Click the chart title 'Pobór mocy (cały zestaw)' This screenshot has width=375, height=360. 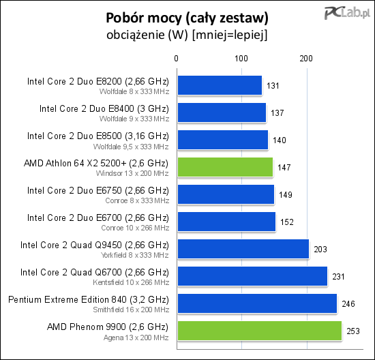point(187,18)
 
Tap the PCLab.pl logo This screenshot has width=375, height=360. point(347,13)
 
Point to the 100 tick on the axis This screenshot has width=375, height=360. point(241,59)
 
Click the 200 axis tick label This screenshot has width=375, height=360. point(306,59)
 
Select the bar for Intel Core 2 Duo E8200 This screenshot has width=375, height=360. point(220,85)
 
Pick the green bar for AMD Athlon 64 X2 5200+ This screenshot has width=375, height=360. point(225,167)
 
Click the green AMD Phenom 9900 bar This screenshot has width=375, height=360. point(260,331)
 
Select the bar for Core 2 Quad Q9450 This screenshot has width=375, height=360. point(243,249)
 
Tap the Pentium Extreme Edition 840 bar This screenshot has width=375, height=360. point(257,303)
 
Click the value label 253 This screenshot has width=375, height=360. point(353,331)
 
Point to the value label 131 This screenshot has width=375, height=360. point(273,86)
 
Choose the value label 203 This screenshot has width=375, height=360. point(320,250)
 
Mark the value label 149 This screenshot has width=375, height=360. point(286,195)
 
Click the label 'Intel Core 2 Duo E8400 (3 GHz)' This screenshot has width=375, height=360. point(104,109)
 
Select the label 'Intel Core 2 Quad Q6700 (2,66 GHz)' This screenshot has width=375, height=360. point(95,273)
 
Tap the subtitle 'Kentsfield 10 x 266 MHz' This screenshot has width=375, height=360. point(131,282)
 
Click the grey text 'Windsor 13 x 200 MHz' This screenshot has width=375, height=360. point(132,173)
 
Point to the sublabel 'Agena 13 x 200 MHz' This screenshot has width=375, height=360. point(136,337)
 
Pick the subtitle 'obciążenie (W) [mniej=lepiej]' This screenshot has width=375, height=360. point(187,35)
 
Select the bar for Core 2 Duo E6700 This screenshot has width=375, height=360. point(226,222)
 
